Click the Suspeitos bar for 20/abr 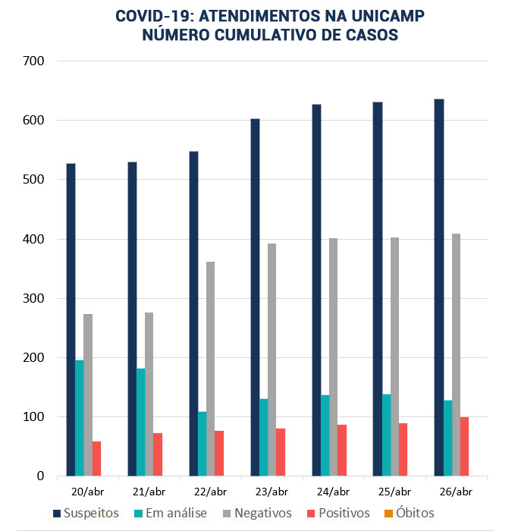point(71,319)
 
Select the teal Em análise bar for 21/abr point(140,422)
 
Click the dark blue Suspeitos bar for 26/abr point(438,287)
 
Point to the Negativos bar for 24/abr point(333,357)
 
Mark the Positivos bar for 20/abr point(96,458)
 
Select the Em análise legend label point(171,514)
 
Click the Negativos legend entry point(257,514)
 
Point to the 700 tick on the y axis point(34,61)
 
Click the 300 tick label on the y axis point(34,298)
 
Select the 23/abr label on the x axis point(272,492)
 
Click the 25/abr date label point(394,492)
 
